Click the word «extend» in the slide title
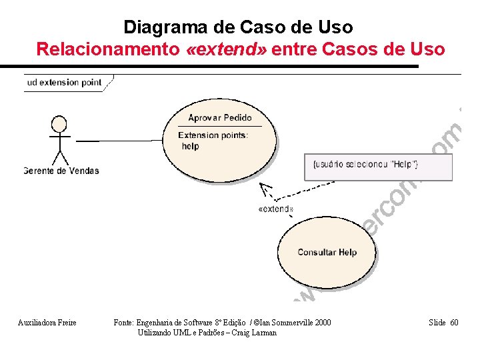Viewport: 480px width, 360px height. [227, 49]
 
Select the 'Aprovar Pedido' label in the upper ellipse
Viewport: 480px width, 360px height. [220, 118]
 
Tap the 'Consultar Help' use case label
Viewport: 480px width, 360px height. [327, 252]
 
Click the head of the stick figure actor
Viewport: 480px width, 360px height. [59, 124]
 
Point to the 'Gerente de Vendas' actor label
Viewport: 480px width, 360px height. [61, 171]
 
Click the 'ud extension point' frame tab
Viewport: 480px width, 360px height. [65, 83]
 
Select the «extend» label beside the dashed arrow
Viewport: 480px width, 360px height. [275, 209]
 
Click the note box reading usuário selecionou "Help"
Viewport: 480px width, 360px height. [378, 165]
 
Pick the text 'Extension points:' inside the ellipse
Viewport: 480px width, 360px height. [213, 135]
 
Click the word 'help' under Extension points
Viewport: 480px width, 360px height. [190, 147]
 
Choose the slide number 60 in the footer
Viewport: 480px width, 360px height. [454, 323]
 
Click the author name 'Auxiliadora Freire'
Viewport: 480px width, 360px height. [47, 323]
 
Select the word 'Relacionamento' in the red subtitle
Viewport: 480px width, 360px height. [107, 49]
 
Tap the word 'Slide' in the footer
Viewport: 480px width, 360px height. [437, 323]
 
